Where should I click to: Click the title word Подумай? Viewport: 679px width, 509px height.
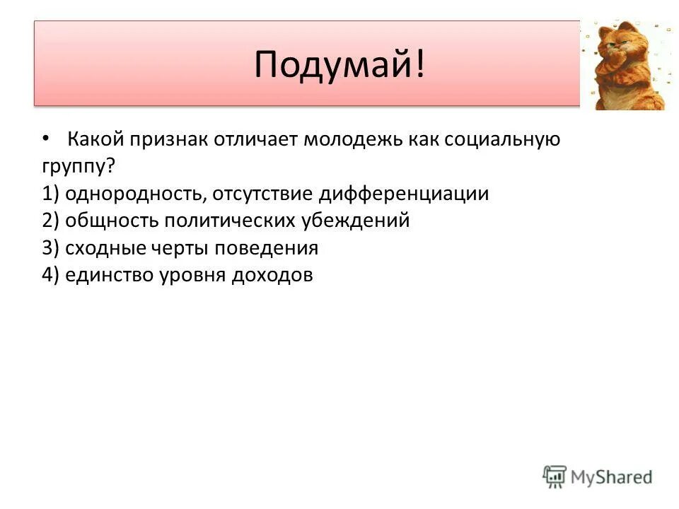tap(340, 65)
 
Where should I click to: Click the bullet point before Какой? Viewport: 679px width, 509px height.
tap(46, 139)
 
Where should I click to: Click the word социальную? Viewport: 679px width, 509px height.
tap(502, 140)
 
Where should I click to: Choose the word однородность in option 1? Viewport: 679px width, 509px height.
tap(139, 194)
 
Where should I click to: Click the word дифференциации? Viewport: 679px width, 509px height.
tap(402, 194)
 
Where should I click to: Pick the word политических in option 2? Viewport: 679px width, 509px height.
tap(229, 221)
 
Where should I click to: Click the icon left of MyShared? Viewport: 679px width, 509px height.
tap(555, 477)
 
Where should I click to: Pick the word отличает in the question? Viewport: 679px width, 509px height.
tap(258, 140)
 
